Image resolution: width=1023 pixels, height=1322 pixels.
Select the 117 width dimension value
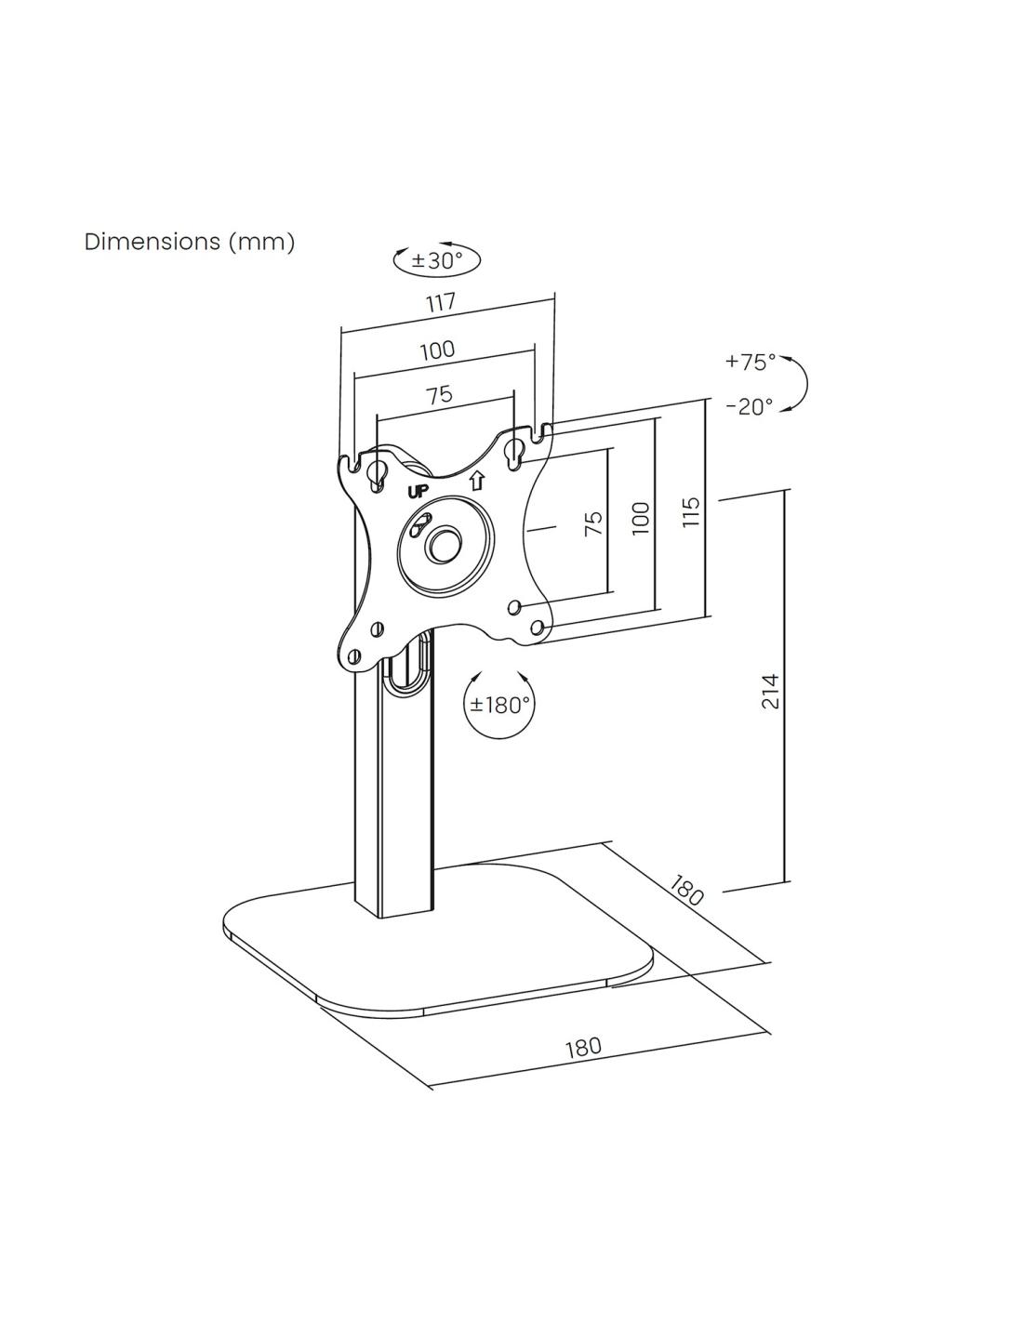440,302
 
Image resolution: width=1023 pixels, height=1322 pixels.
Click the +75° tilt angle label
751,362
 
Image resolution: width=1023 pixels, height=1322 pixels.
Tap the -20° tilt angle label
750,406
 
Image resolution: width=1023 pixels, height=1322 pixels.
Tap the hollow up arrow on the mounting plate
476,482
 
